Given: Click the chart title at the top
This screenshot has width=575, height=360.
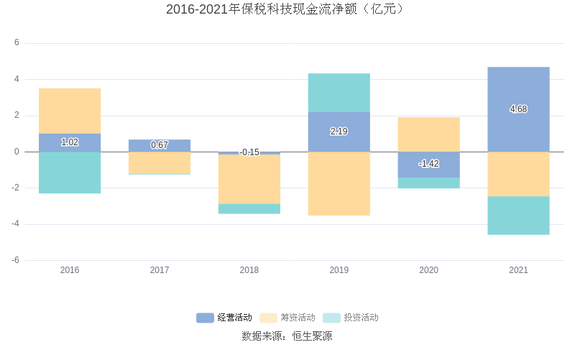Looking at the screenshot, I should [287, 9].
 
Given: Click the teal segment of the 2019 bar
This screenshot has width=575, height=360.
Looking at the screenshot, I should [339, 93].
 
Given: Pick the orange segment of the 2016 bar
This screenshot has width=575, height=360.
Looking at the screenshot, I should [70, 111].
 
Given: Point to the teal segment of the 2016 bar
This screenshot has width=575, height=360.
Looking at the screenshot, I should [70, 172].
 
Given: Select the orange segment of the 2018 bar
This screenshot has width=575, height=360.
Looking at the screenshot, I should [249, 179].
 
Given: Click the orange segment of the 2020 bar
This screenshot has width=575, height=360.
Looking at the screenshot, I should [428, 134].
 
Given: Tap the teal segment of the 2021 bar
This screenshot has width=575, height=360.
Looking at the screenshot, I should [518, 216].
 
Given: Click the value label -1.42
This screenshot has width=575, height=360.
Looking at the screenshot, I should [428, 164].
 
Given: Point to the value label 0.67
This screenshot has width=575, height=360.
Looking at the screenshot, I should [160, 145].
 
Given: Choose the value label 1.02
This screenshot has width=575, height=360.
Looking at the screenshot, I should [70, 142].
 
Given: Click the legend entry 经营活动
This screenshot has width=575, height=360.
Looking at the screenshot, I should [224, 318].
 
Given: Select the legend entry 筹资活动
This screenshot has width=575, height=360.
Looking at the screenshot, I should [287, 318].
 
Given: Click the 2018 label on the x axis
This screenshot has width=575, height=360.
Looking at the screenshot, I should [249, 270].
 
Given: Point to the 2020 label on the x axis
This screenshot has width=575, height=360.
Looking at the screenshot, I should [428, 270].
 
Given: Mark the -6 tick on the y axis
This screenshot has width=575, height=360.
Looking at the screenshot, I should [15, 260].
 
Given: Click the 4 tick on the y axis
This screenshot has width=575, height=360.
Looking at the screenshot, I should [17, 79].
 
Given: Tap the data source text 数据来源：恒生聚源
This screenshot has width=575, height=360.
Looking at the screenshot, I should [287, 336].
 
